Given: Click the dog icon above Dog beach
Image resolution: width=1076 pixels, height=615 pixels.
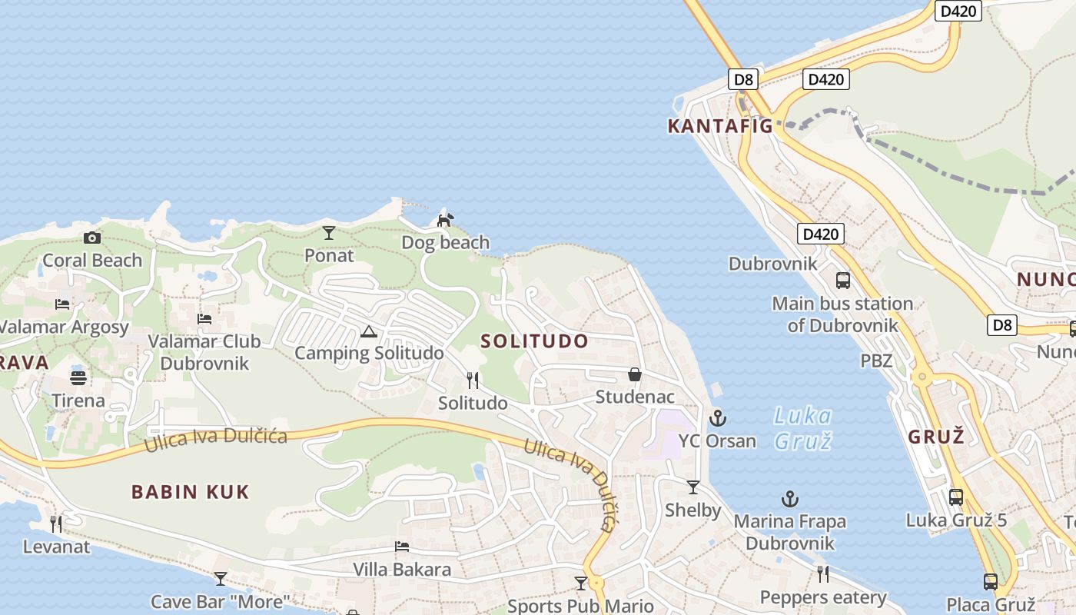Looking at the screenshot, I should click(445, 220).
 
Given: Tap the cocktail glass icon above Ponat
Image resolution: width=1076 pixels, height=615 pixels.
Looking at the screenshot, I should click(329, 232).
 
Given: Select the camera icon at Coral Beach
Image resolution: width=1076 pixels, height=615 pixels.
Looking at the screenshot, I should click(92, 238).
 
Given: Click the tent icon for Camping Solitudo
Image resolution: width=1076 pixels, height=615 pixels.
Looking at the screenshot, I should click(369, 331).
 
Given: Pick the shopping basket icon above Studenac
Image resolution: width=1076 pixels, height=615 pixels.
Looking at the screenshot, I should click(635, 374).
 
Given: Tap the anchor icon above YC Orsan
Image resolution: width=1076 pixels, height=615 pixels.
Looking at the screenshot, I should click(717, 418).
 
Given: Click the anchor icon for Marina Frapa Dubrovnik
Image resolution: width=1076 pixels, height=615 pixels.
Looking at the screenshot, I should click(789, 499).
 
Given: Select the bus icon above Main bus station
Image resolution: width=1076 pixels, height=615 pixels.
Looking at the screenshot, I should click(843, 281).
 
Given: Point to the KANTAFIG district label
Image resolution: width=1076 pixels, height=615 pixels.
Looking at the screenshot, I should click(720, 126).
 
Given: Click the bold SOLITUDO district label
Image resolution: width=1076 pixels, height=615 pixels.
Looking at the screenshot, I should click(534, 341).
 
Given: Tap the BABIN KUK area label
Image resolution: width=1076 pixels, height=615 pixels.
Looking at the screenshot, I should click(191, 492).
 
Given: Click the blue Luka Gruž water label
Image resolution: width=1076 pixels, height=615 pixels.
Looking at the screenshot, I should click(803, 428).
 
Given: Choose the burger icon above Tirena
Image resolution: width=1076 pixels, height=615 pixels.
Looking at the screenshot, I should click(78, 377).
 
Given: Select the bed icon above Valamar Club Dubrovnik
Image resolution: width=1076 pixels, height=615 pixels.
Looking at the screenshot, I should click(204, 318).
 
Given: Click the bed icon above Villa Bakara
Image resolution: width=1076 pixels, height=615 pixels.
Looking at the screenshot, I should click(402, 547).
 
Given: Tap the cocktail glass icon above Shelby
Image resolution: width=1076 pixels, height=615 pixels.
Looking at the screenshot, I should click(693, 487).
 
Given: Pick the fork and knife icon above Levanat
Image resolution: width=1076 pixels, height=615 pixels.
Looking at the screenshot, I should click(56, 524).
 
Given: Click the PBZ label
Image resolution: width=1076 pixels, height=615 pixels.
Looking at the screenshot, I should click(876, 360).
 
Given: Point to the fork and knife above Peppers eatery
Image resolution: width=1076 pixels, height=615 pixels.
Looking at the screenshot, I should click(823, 574).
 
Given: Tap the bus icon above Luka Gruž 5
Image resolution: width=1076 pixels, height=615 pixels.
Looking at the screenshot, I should click(956, 497).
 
